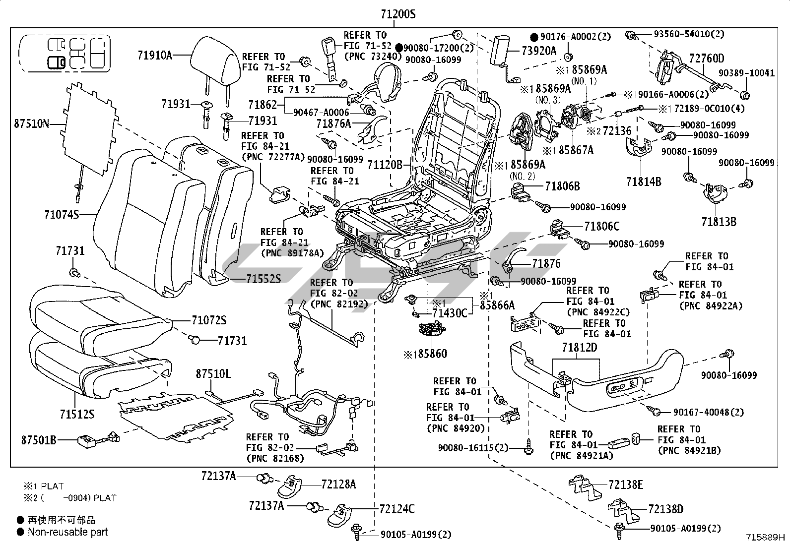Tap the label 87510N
pyautogui.click(x=32, y=123)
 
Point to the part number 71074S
pyautogui.click(x=62, y=215)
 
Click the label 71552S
pyautogui.click(x=263, y=279)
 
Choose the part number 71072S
pyautogui.click(x=208, y=320)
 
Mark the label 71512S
pyautogui.click(x=76, y=414)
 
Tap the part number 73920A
pyautogui.click(x=538, y=51)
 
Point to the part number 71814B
pyautogui.click(x=644, y=182)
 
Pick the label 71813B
pyautogui.click(x=719, y=221)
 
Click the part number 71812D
pyautogui.click(x=580, y=348)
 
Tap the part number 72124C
pyautogui.click(x=396, y=509)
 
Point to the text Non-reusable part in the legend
pyautogui.click(x=67, y=532)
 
